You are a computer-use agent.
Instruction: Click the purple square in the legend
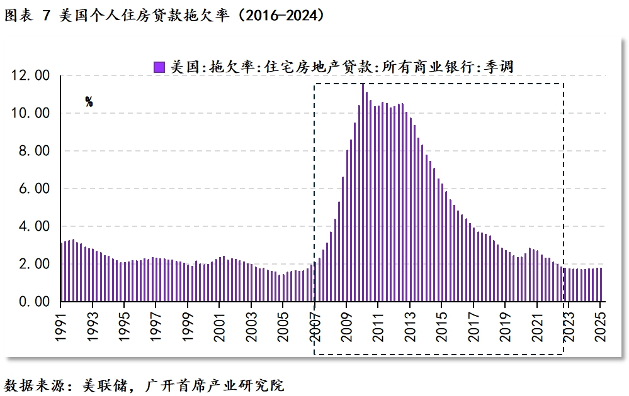point(159,66)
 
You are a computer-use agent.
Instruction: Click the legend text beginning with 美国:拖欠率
point(343,66)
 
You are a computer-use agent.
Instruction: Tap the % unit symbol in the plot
point(89,102)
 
